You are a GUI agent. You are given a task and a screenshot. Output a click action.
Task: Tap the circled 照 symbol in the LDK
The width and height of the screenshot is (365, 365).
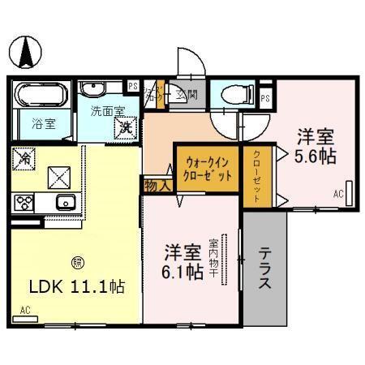click(x=77, y=261)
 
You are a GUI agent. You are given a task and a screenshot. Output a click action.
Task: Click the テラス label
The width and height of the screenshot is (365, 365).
click(x=266, y=270)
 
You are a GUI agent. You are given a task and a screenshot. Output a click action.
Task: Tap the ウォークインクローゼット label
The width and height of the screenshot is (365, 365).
click(x=208, y=169)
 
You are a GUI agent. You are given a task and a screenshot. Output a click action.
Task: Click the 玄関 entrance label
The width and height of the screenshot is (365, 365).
click(x=187, y=95)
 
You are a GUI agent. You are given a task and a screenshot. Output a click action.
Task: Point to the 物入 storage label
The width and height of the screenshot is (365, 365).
click(x=157, y=185)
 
